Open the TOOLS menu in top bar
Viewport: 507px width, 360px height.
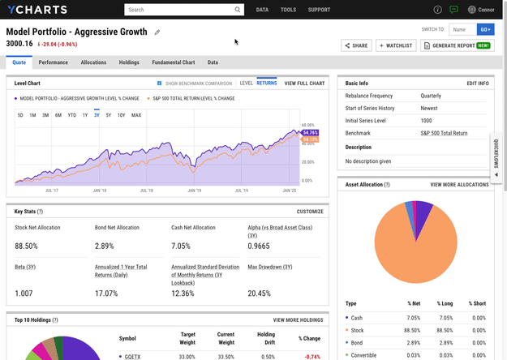click(x=288, y=10)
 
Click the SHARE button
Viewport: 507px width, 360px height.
click(x=355, y=45)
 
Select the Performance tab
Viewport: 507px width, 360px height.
click(x=54, y=62)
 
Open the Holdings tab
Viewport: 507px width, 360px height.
click(x=129, y=62)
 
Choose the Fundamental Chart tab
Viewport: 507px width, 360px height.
click(x=173, y=62)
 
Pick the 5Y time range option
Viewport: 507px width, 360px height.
click(x=109, y=115)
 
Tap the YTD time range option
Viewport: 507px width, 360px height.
click(x=71, y=115)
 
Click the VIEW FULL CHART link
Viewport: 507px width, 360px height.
click(x=304, y=84)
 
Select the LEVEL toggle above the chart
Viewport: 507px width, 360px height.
click(x=247, y=84)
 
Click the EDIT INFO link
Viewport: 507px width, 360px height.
click(x=478, y=84)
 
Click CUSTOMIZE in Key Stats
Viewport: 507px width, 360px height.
click(x=310, y=212)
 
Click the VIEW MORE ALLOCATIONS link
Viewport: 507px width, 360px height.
click(x=459, y=185)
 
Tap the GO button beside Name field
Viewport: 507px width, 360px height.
click(x=485, y=29)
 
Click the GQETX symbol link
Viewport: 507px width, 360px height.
click(x=130, y=355)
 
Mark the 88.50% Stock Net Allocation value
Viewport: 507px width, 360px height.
click(x=28, y=246)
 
